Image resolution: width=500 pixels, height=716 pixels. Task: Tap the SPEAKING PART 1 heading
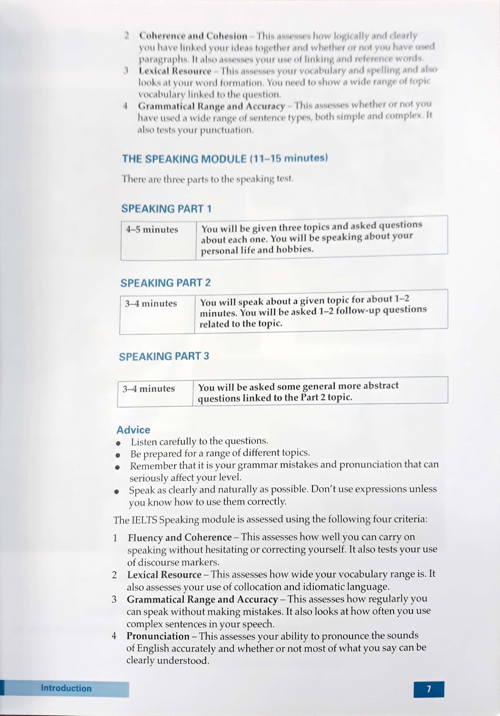[166, 209]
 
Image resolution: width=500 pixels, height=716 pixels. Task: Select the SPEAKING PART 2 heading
[165, 283]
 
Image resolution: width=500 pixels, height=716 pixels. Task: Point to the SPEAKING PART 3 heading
[164, 356]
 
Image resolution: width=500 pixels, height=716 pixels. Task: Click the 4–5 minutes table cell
[152, 230]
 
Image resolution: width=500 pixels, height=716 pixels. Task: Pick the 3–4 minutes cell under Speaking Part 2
[151, 303]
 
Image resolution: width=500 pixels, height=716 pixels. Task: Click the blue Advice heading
[133, 430]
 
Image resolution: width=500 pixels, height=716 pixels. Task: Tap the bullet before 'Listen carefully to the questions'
[118, 443]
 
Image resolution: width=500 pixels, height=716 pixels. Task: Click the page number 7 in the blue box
[429, 689]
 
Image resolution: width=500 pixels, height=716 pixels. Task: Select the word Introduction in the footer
[66, 688]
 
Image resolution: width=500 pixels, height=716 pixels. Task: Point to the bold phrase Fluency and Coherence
[180, 537]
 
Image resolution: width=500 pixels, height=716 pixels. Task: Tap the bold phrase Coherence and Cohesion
[193, 36]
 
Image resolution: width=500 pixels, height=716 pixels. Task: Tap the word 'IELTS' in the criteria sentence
[144, 520]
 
